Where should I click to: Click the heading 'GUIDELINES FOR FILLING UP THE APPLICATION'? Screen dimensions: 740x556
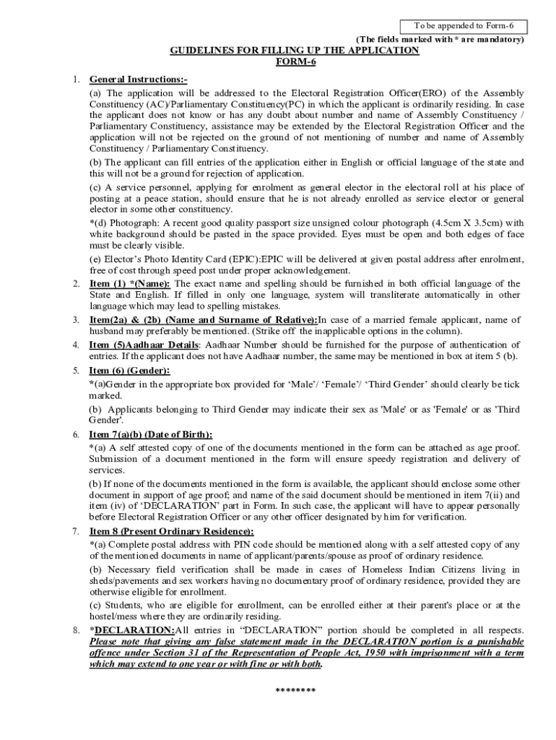[294, 51]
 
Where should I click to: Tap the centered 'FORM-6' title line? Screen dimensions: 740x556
[294, 61]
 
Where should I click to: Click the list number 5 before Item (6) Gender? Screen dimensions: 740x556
[76, 371]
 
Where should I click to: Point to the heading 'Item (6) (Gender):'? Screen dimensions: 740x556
[129, 371]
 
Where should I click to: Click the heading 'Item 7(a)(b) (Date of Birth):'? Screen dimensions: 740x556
[150, 434]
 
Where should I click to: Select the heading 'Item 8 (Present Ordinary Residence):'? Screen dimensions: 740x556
[171, 531]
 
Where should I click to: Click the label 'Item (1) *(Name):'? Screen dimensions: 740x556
[130, 283]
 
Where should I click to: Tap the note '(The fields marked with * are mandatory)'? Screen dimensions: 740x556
[439, 39]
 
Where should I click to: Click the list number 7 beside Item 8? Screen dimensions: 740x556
[76, 531]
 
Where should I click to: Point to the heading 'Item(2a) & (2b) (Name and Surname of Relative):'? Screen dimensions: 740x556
[204, 319]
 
